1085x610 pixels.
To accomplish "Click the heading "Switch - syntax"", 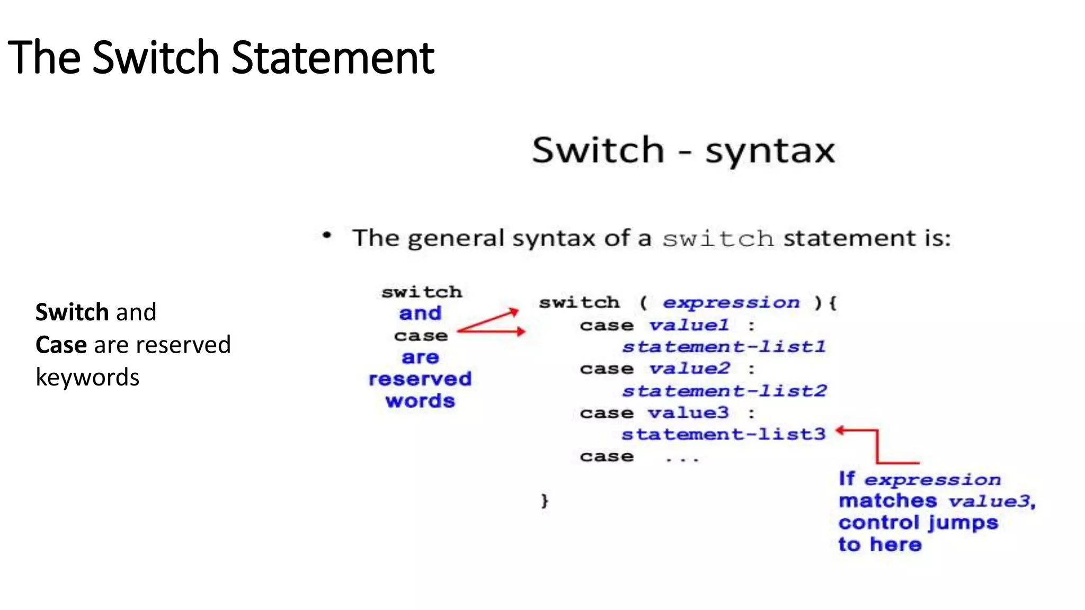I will [683, 150].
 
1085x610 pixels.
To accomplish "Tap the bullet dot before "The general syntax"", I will [327, 235].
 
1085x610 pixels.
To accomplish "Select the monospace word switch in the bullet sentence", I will [718, 239].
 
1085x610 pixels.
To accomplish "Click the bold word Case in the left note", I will [61, 345].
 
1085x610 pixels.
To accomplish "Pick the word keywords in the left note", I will [87, 378].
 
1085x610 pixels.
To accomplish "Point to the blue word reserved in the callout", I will [420, 379].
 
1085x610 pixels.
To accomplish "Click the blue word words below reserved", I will [420, 401].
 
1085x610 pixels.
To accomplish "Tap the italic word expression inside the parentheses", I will [731, 302].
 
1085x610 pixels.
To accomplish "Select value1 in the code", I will [689, 325].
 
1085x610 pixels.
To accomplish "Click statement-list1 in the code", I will [724, 347].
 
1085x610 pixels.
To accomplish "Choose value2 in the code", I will [689, 368].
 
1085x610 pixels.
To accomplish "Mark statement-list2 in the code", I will [724, 391].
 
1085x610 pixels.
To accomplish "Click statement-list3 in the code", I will [724, 434].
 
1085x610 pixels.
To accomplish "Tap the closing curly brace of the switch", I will [545, 500].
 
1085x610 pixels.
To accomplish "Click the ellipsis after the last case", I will [682, 459].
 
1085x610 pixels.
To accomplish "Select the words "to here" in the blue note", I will [880, 544].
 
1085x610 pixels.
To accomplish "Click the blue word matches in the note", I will [888, 500].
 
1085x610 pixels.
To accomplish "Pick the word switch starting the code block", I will [579, 302].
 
